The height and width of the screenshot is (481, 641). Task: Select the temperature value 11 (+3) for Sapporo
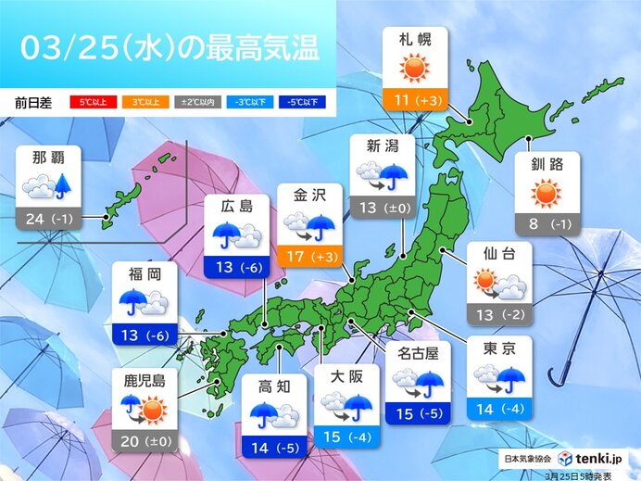click(x=414, y=98)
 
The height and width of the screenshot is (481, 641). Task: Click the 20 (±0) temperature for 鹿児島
click(x=145, y=441)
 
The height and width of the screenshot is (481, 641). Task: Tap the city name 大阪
click(x=346, y=378)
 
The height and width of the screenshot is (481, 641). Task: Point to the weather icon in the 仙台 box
click(x=500, y=282)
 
